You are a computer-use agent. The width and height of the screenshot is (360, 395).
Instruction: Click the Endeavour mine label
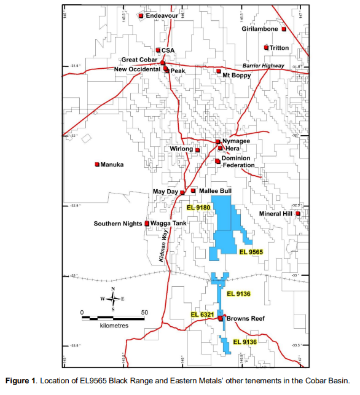click(162, 16)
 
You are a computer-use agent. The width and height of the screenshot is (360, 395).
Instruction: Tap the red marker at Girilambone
click(284, 29)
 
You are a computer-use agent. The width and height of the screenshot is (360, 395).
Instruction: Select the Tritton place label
click(279, 47)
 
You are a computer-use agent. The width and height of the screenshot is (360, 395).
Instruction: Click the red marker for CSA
click(158, 50)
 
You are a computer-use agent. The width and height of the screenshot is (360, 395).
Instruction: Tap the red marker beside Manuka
click(97, 164)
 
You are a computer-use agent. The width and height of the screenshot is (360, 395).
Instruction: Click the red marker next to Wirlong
click(198, 149)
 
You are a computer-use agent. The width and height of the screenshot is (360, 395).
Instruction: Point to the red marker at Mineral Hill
click(298, 214)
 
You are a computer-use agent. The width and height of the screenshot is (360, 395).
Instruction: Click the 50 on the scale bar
click(144, 312)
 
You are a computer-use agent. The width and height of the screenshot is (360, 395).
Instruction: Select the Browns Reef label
click(245, 319)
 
